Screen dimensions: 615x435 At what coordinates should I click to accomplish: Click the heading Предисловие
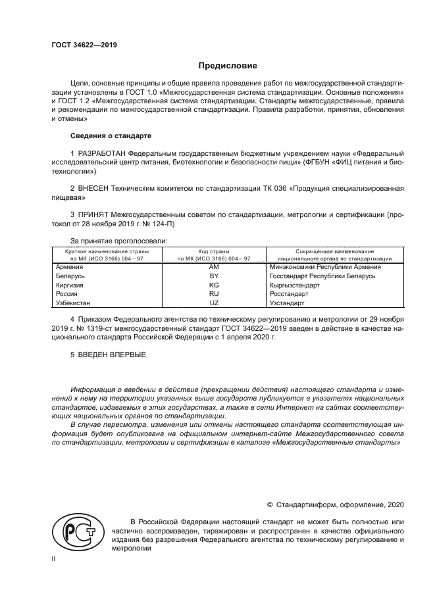coord(228,66)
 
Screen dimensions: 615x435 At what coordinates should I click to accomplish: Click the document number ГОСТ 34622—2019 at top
coord(84,45)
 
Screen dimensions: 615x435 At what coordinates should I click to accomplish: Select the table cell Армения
coord(70,266)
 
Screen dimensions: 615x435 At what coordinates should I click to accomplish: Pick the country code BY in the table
coord(213,276)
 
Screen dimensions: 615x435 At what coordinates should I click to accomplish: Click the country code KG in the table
coord(213,285)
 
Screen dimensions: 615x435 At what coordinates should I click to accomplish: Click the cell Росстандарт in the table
coord(290,294)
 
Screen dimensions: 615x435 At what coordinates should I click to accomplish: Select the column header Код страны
coord(213,252)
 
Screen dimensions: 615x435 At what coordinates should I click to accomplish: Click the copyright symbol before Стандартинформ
coord(269,504)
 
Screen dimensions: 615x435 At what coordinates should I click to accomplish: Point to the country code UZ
coord(213,303)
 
